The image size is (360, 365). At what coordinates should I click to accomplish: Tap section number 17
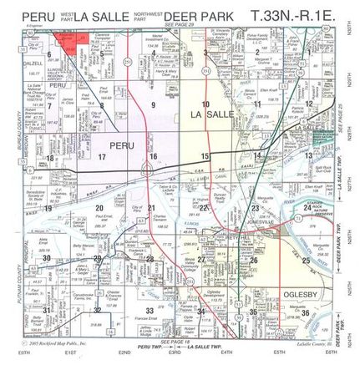[x=102, y=156]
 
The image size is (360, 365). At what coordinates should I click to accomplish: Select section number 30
[x=48, y=260]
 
